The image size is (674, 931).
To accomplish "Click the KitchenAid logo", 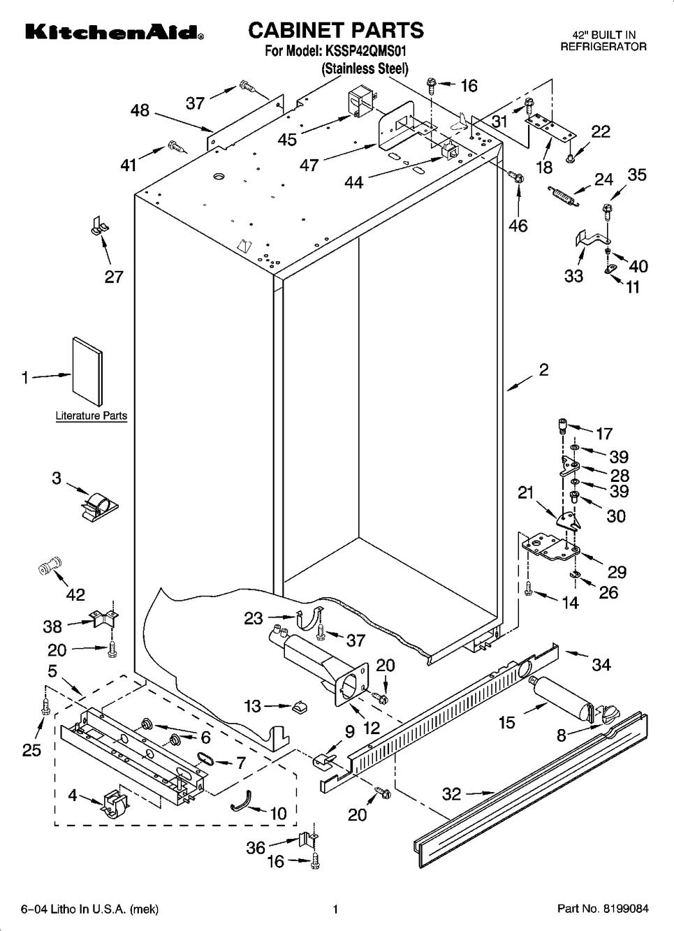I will point(115,32).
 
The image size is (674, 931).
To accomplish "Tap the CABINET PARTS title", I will point(336,30).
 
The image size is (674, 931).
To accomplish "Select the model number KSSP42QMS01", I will point(365,51).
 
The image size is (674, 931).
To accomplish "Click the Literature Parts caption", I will point(91,416).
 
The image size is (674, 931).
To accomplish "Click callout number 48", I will point(140,110).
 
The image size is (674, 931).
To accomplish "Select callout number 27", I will point(114,277).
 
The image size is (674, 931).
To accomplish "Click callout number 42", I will point(75,594).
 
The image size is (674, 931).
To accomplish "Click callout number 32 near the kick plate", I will point(452,793).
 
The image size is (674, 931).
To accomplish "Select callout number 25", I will point(31,749).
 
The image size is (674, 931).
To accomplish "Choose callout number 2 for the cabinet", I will point(543,369).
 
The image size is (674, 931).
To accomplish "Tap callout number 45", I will point(287,140).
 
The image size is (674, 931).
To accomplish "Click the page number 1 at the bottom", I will point(336,909).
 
